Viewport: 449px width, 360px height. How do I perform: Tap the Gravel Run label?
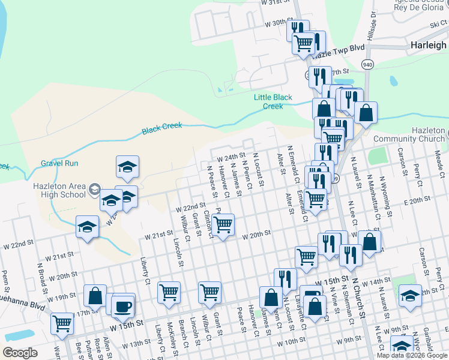tap(60, 163)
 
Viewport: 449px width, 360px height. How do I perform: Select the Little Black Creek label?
tap(273, 101)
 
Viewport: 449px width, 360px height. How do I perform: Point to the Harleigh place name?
tap(428, 45)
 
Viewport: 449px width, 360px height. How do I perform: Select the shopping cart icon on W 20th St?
tap(223, 226)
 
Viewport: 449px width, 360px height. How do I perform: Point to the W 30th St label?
tap(277, 23)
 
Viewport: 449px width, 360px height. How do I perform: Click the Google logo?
tap(20, 353)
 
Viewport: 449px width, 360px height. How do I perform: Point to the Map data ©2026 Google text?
tap(412, 355)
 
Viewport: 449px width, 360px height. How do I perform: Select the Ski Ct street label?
tap(438, 24)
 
